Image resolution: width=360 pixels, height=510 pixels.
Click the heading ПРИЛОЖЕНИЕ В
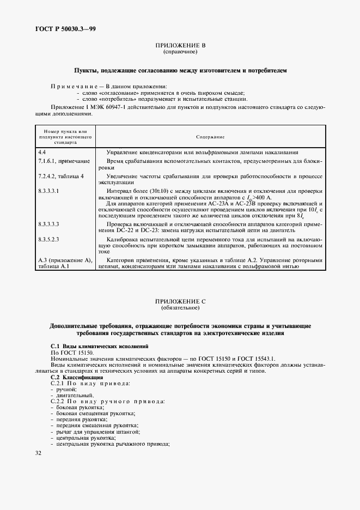[x=180, y=46]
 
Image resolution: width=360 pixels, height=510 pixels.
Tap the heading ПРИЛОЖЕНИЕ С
[x=180, y=301]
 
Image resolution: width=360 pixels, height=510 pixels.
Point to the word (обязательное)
[x=180, y=308]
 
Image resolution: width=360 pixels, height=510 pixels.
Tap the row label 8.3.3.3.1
[x=49, y=192]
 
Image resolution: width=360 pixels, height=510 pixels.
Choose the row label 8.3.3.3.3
[x=49, y=224]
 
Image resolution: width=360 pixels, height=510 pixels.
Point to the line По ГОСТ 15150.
[x=72, y=353]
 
